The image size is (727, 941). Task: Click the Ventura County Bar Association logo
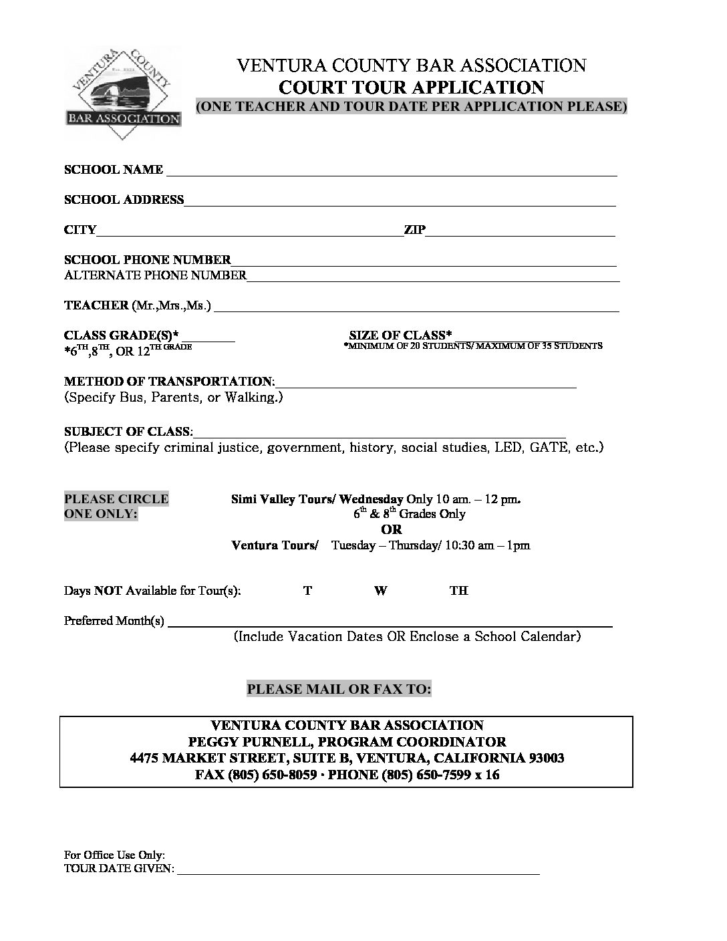tap(123, 94)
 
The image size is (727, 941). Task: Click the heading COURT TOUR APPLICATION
tap(411, 88)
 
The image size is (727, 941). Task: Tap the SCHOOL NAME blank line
tap(391, 172)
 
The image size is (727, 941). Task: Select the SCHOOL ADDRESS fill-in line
tap(400, 203)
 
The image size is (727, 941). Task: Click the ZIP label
tap(414, 230)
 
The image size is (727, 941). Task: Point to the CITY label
tap(80, 230)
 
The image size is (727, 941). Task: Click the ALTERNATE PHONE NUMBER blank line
tap(433, 278)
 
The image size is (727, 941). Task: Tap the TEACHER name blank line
tap(416, 308)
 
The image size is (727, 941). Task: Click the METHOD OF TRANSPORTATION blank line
tap(426, 384)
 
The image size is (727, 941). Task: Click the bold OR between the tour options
tap(392, 529)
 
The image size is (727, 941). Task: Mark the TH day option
tap(458, 591)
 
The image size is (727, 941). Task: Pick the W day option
tap(380, 591)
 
